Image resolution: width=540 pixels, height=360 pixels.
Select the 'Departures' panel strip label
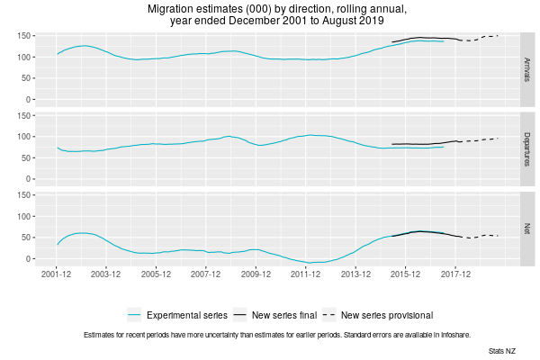click(x=526, y=147)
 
